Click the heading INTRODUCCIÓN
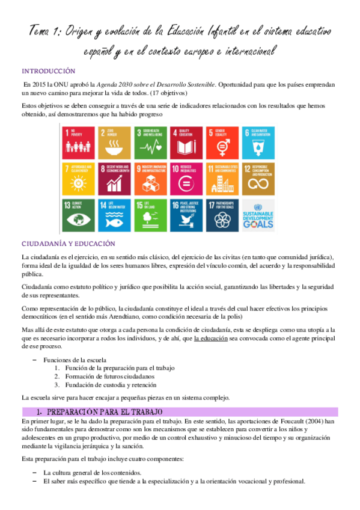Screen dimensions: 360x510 (x=48, y=70)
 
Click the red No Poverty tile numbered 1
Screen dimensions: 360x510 (x=77, y=141)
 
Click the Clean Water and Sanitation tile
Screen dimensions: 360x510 (x=258, y=141)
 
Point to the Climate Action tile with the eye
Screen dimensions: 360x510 (x=77, y=214)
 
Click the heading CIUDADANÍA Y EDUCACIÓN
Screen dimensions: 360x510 (x=68, y=244)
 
